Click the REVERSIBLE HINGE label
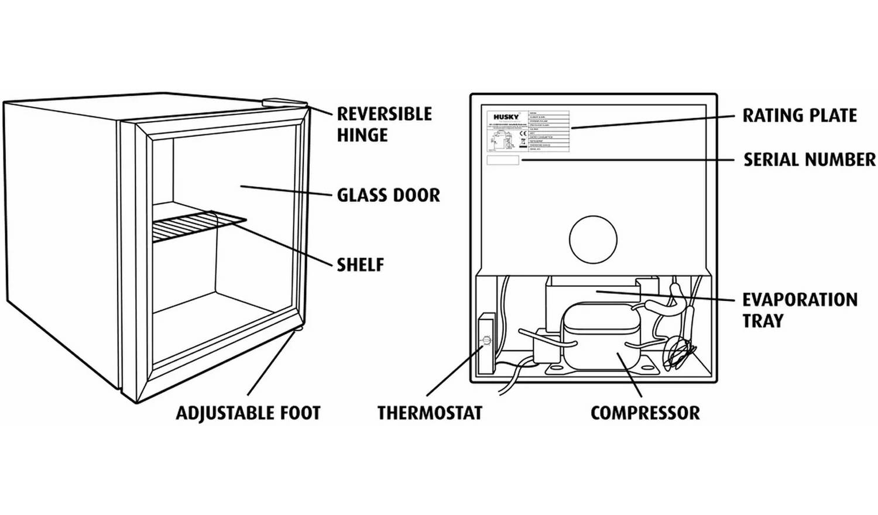pyautogui.click(x=384, y=124)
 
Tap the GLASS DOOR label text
pyautogui.click(x=388, y=195)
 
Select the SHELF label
pyautogui.click(x=360, y=265)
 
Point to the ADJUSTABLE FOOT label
pyautogui.click(x=248, y=413)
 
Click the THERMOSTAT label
pyautogui.click(x=430, y=413)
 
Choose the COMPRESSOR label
pyautogui.click(x=645, y=413)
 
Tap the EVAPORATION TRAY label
pyautogui.click(x=800, y=310)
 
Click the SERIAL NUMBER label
pyautogui.click(x=809, y=160)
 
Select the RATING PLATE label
pyautogui.click(x=800, y=115)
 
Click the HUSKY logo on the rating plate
pyautogui.click(x=506, y=117)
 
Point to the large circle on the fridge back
pyautogui.click(x=593, y=239)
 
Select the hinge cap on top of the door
pyautogui.click(x=284, y=102)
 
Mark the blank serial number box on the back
pyautogui.click(x=503, y=160)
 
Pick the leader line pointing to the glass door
pyautogui.click(x=287, y=191)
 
